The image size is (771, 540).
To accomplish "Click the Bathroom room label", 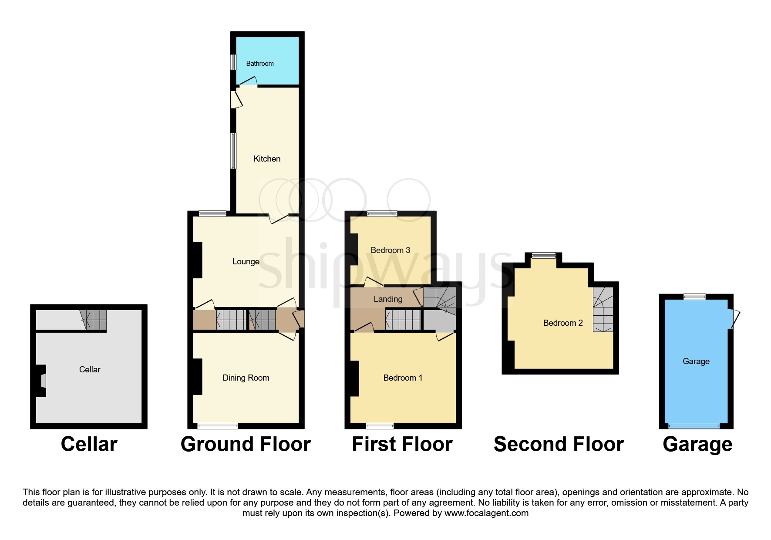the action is (x=260, y=64).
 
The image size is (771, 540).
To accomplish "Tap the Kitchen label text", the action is (x=267, y=159).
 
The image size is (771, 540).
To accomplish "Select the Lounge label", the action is (x=246, y=262).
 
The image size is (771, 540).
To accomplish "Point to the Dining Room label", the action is (x=246, y=378).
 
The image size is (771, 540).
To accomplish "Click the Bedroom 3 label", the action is (x=391, y=250).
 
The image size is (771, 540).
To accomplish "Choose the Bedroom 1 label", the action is (x=403, y=378).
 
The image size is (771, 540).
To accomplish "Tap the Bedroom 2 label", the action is (x=563, y=323).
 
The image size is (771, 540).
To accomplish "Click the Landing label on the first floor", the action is (x=388, y=299).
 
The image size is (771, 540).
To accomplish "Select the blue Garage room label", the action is (x=696, y=361).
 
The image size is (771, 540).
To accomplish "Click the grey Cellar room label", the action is (x=90, y=370).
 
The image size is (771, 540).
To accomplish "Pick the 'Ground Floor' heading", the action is (x=246, y=444).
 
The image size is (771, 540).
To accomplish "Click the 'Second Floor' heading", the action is (x=559, y=444).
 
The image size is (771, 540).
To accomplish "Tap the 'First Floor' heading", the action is (x=402, y=444).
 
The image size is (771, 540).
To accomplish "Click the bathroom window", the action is (x=233, y=62).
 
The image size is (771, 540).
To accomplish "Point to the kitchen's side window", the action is (x=233, y=151).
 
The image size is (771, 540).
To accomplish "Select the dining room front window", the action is (x=218, y=426).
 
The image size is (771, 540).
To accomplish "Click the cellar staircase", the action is (x=93, y=320).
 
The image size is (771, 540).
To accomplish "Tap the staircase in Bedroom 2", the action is (x=603, y=310).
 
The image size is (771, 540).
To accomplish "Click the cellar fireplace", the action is (x=41, y=381).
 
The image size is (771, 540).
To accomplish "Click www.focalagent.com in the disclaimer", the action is (x=486, y=513).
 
